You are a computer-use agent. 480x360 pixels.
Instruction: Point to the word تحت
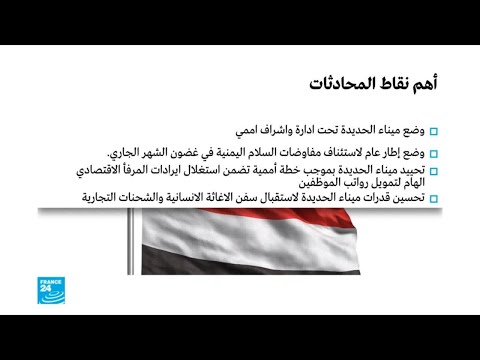pyautogui.click(x=305, y=132)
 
